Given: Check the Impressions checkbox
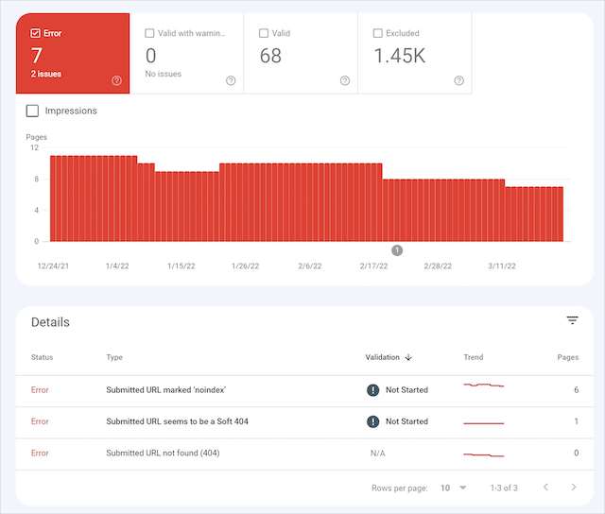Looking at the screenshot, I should pos(33,111).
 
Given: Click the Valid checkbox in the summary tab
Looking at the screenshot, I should pos(264,33).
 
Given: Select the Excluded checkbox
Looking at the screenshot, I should pos(378,33).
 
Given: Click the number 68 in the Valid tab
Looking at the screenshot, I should pos(270,56).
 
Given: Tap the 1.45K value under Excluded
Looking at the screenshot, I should pos(399,56).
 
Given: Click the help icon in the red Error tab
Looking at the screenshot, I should pos(116,80).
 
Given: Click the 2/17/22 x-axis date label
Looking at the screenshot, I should pos(373,266).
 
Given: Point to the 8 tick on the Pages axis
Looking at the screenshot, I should pos(36,179).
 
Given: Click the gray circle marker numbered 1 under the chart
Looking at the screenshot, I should pos(397,250).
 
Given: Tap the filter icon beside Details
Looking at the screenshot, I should pos(572,321).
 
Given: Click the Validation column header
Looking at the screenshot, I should pos(388,357).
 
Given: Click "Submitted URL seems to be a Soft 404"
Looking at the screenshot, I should pos(177,421).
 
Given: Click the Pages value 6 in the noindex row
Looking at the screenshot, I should pos(576,389).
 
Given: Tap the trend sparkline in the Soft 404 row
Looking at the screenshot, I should pos(483,422).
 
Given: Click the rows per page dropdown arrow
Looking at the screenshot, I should pos(463,488).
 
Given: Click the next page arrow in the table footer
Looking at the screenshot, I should pos(574,488).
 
